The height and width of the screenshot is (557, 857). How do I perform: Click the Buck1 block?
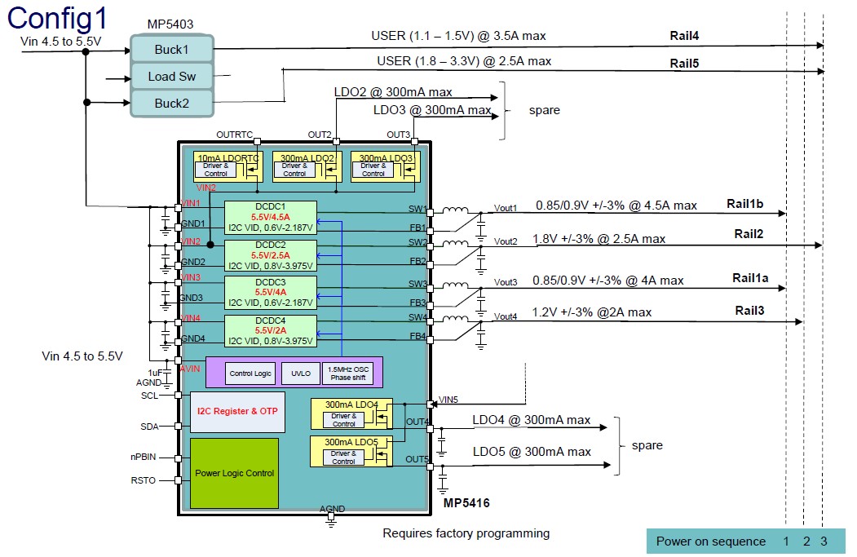pos(171,50)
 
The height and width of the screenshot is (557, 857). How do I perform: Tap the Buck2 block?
pos(171,104)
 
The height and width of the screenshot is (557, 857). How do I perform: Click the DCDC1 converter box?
pos(270,218)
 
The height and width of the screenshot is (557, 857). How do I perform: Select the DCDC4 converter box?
pos(270,330)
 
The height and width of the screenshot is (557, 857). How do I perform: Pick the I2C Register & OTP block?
pos(237,413)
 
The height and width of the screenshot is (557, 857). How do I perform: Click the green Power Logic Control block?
pos(234,473)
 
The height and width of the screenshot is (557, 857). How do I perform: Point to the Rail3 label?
pos(749,311)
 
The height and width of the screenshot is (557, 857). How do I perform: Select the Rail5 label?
pos(685,63)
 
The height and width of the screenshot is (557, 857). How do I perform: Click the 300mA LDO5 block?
pos(351,451)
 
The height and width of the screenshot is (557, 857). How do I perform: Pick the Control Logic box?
pos(250,374)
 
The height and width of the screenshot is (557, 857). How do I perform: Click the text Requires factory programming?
pos(466,533)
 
